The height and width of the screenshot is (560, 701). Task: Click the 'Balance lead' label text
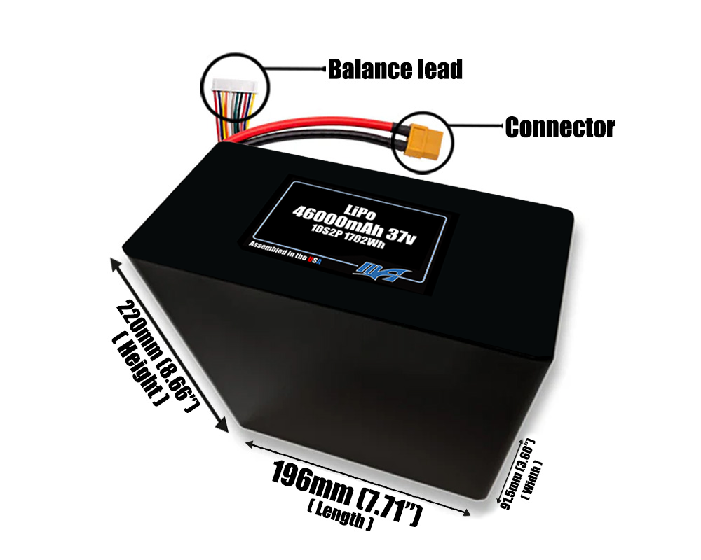coord(395,69)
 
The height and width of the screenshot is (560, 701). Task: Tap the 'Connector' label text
coord(559,127)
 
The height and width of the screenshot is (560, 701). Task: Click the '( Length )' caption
coord(336,519)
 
